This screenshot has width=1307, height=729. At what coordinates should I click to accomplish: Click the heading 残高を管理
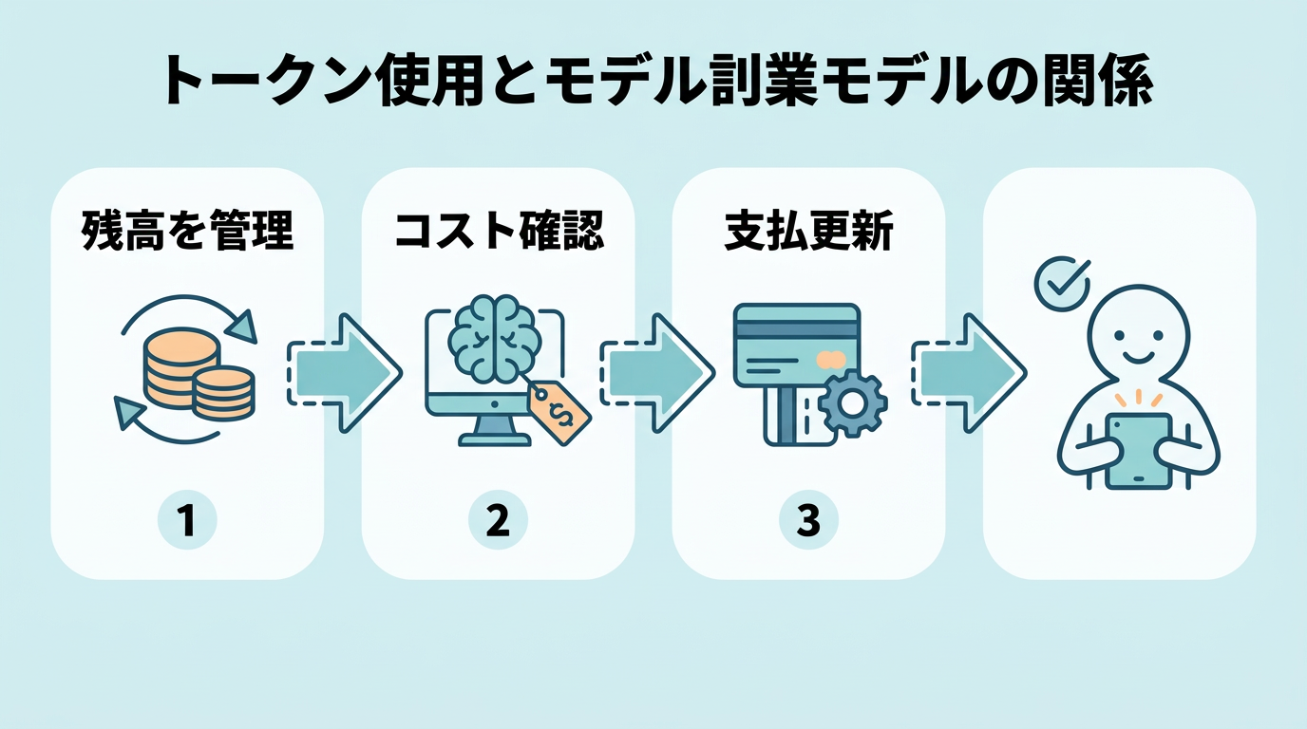click(x=187, y=231)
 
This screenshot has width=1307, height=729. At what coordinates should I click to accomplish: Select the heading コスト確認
click(x=499, y=231)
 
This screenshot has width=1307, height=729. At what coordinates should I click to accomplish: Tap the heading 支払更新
click(x=808, y=231)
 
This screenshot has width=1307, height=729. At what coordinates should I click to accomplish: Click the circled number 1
click(x=187, y=521)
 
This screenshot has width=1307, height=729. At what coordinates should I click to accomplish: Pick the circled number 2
click(x=498, y=521)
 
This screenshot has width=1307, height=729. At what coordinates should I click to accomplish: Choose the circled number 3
click(x=808, y=521)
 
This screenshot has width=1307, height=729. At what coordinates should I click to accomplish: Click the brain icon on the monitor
click(x=493, y=343)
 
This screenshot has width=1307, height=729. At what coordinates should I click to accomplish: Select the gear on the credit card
click(x=852, y=403)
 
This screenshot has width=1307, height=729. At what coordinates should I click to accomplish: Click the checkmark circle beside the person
click(x=1055, y=284)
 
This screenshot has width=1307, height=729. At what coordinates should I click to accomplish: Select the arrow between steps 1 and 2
click(x=343, y=373)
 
